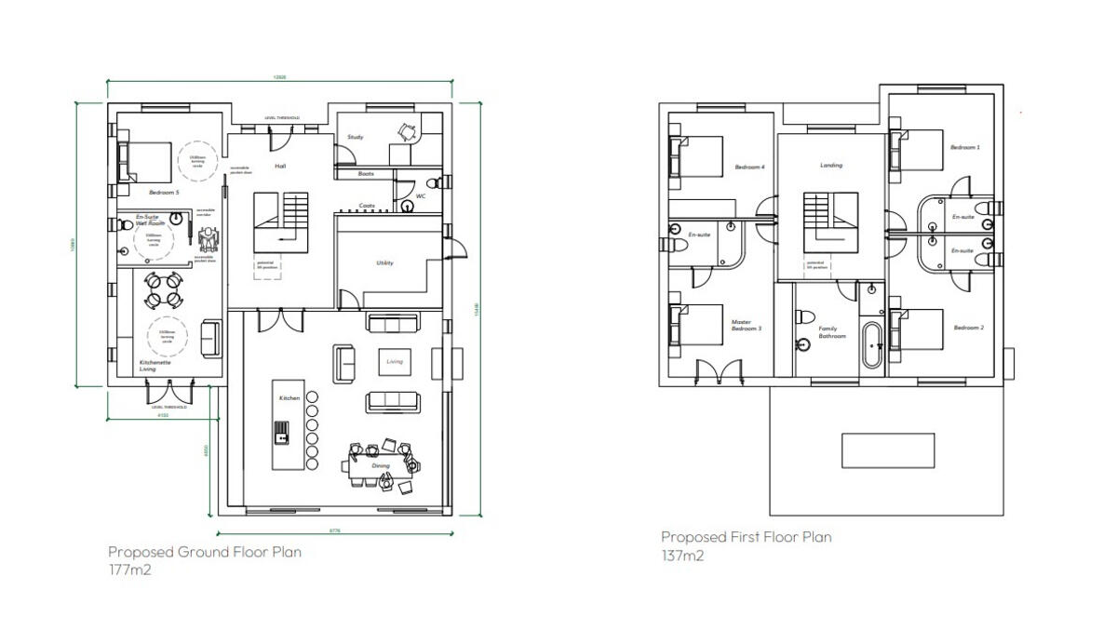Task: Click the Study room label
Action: [x=355, y=137]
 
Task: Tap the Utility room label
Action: [x=384, y=262]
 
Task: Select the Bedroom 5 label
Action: [x=164, y=192]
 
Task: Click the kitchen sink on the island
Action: [x=281, y=432]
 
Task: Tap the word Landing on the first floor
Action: [x=831, y=166]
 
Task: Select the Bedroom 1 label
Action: [x=964, y=147]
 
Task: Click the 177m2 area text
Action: [x=129, y=569]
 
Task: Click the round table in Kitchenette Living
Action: [x=163, y=288]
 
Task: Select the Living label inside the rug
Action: [x=395, y=361]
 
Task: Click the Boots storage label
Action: [x=366, y=174]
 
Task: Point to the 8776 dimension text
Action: [x=335, y=530]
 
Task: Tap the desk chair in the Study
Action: [x=407, y=131]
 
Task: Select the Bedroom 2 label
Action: [x=968, y=328]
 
